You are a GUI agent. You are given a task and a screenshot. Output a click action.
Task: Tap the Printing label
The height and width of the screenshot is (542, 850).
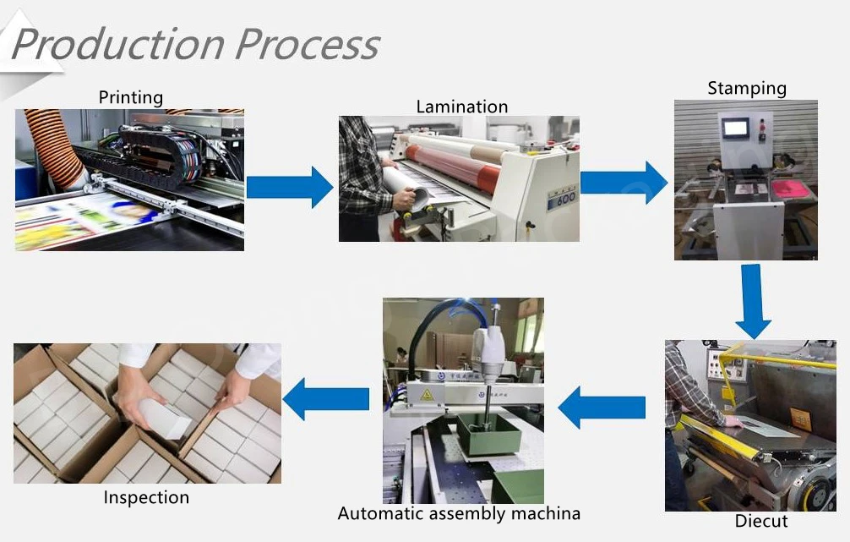point(130,97)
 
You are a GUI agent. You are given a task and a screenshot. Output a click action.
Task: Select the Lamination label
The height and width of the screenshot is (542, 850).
point(461,107)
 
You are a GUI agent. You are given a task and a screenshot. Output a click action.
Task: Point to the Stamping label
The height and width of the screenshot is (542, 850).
point(746,88)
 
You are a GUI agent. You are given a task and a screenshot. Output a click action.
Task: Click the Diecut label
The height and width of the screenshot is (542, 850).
point(760,521)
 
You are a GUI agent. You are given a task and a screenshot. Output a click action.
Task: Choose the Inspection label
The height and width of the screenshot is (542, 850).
point(146,497)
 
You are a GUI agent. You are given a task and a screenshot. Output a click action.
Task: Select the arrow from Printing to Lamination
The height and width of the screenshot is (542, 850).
point(290,187)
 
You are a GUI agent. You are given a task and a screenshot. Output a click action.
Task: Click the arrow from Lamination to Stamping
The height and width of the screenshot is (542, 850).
point(624,183)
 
